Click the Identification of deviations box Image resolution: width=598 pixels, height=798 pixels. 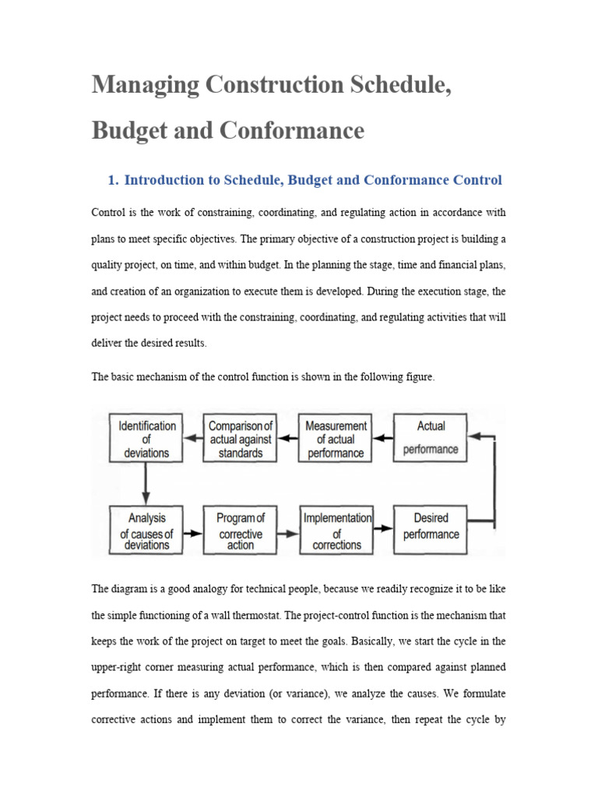pos(146,438)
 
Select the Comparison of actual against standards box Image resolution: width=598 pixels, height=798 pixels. pos(241,438)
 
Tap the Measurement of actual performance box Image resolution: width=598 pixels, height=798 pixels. pos(336,438)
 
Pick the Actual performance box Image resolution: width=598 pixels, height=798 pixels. pos(431,438)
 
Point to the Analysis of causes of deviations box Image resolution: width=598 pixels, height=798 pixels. pos(146,531)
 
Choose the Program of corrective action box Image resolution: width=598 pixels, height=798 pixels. pos(241,531)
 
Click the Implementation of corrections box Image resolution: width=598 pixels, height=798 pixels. pos(336,531)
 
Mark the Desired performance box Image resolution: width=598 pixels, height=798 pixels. pos(431,531)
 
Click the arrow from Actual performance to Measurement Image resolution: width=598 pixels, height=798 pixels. pos(384,438)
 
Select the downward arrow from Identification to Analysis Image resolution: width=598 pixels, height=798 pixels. pos(146,483)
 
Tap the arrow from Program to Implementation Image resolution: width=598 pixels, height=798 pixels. pos(288,533)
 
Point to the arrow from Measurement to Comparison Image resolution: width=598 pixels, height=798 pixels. pos(288,438)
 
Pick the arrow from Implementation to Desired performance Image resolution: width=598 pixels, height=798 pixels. pos(383,528)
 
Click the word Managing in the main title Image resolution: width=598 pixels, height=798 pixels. pos(140,83)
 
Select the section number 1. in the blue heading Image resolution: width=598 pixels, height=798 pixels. pos(113,180)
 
